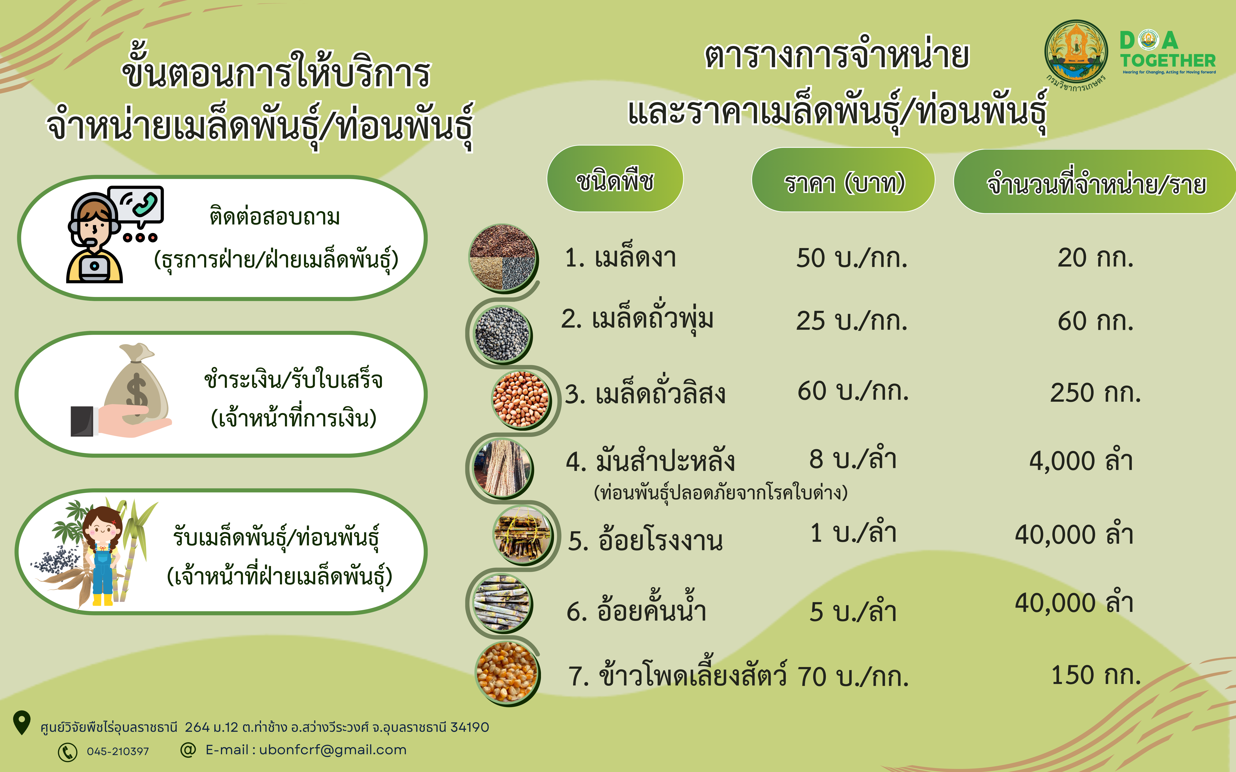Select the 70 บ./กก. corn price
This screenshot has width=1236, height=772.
tap(853, 676)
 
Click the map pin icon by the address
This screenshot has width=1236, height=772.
tap(21, 723)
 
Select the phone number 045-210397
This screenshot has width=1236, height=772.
tap(118, 751)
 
